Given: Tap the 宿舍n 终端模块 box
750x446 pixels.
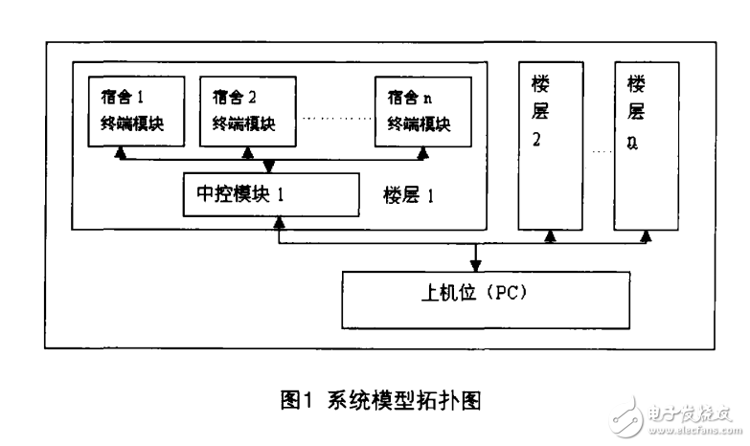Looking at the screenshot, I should coord(419,110).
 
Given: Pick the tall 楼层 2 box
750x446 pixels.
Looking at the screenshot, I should coord(549,144).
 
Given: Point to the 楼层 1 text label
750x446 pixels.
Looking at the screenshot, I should coord(403,197).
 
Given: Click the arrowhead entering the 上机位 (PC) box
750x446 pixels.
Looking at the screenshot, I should coord(476,265).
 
